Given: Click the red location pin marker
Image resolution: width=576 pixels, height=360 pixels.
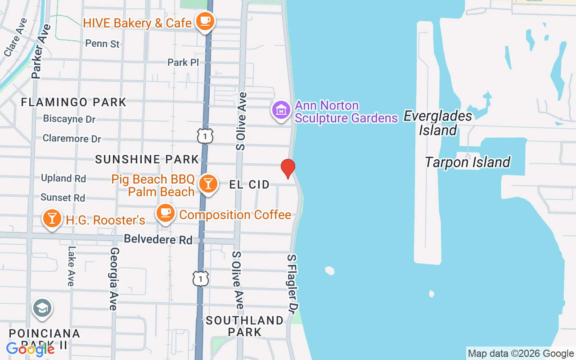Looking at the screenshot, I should click(288, 168).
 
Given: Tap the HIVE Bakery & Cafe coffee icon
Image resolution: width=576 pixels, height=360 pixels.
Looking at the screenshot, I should click(206, 21).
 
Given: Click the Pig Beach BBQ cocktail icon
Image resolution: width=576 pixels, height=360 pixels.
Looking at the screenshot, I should click(208, 184).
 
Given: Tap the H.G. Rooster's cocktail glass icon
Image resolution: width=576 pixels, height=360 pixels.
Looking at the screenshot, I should click(52, 218).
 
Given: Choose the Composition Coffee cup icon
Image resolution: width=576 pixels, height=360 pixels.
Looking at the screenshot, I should click(166, 212).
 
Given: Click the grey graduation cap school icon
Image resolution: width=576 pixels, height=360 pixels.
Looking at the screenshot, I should click(42, 309).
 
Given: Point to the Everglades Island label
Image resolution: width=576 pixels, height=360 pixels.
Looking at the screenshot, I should click(438, 123).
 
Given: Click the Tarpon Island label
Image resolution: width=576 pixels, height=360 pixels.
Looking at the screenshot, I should click(468, 162).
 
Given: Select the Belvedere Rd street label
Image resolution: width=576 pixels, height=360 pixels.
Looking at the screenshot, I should click(158, 239).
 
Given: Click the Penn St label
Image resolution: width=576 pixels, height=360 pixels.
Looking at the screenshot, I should click(103, 44).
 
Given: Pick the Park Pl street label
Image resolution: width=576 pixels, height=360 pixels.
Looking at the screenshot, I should click(183, 62).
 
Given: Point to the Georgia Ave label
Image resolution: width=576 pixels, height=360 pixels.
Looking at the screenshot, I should click(114, 279).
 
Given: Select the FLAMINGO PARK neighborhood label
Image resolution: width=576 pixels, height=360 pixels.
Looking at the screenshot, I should click(74, 102).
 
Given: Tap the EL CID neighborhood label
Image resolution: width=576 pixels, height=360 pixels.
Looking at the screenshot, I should click(249, 184).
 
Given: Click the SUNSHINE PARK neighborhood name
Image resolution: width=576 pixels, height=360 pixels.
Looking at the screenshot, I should click(147, 159).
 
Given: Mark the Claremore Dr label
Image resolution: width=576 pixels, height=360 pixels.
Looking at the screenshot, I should click(72, 139).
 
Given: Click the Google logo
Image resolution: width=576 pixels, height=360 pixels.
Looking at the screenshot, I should click(31, 349).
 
